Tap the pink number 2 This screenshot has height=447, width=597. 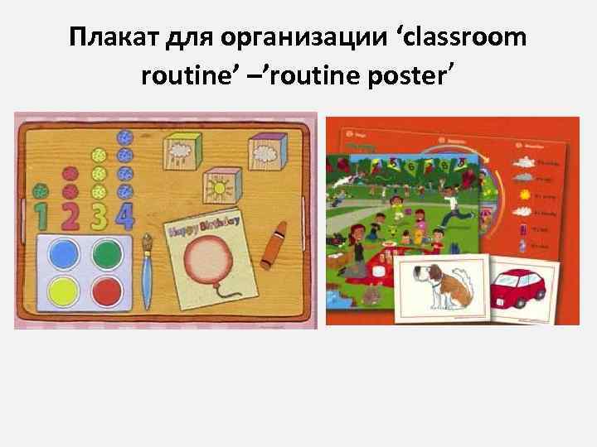[72, 216]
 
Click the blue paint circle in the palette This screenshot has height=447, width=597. [63, 256]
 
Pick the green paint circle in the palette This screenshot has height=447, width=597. [106, 256]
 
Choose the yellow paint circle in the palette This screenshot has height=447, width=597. [63, 292]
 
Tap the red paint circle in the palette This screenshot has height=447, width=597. [106, 292]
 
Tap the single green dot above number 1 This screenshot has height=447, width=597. [38, 190]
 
